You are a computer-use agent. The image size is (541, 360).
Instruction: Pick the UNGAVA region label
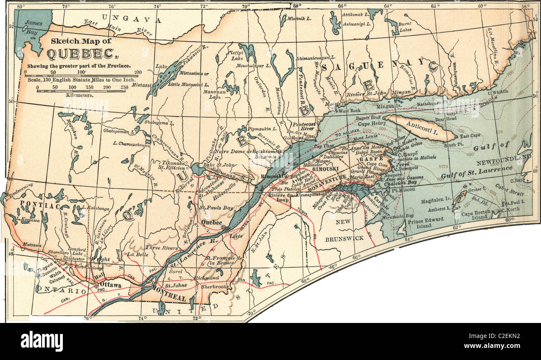tap(131, 19)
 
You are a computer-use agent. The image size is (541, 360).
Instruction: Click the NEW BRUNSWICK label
tap(344, 230)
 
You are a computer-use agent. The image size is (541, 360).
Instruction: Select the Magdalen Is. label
tap(434, 201)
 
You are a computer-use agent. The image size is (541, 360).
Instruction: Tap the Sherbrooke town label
tap(215, 287)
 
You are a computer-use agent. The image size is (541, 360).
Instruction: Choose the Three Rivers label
tap(158, 247)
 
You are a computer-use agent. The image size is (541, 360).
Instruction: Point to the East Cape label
tap(470, 136)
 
